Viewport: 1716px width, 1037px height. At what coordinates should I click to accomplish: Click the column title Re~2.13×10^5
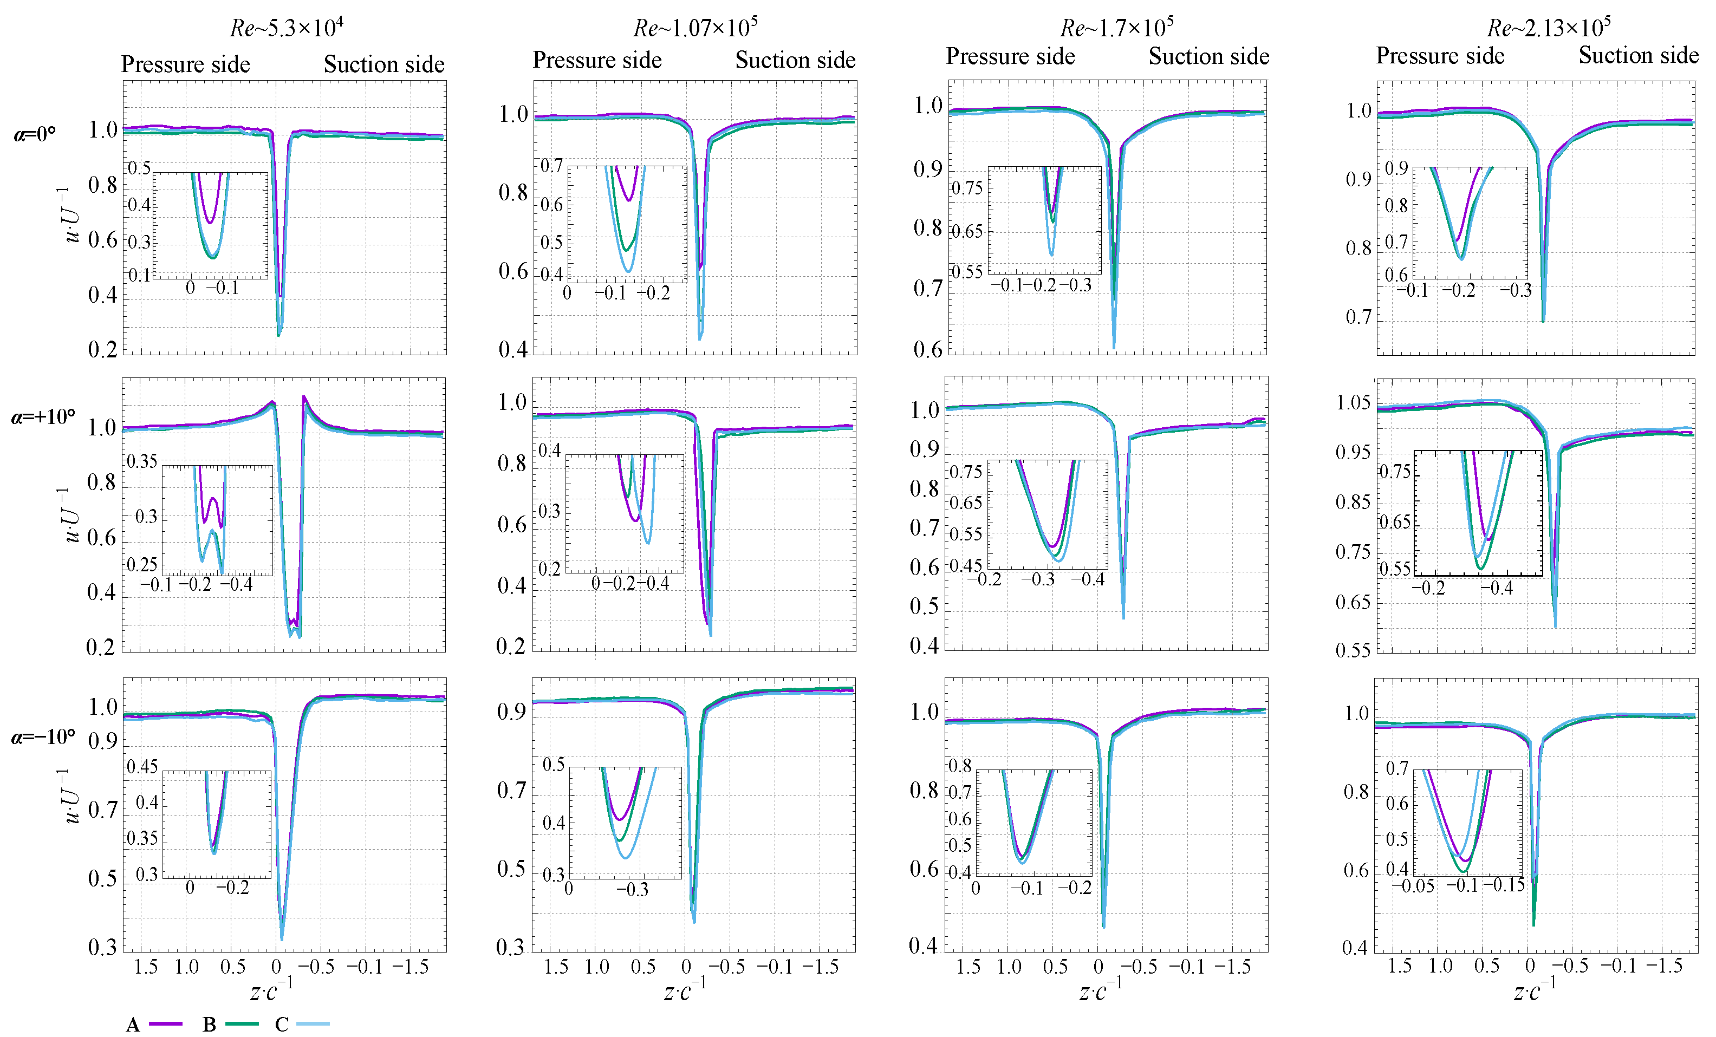tap(1548, 27)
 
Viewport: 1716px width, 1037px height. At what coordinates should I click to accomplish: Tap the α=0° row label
tap(35, 134)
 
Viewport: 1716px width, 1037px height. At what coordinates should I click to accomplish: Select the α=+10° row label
tap(43, 417)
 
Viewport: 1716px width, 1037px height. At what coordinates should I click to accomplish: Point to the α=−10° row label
tap(43, 737)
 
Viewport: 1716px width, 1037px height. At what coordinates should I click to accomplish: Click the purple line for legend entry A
tap(166, 1024)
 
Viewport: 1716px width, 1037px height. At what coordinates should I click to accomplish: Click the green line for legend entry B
tap(242, 1024)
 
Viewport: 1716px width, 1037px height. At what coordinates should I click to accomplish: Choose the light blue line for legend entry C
tap(313, 1024)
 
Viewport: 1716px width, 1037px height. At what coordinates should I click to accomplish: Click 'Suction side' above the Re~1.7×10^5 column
tap(1208, 56)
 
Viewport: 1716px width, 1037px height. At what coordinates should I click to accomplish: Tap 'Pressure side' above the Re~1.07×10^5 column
tap(597, 60)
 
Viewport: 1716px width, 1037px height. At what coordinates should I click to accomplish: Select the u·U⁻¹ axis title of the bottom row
tap(71, 796)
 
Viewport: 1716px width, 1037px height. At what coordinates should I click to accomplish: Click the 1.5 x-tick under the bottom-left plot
tap(146, 967)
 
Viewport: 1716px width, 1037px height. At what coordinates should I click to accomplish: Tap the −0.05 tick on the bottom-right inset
tap(1413, 886)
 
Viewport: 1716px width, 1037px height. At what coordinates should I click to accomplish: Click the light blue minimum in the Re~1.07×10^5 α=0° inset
tap(628, 271)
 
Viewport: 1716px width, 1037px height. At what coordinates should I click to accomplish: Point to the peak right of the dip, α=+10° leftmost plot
tap(304, 396)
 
